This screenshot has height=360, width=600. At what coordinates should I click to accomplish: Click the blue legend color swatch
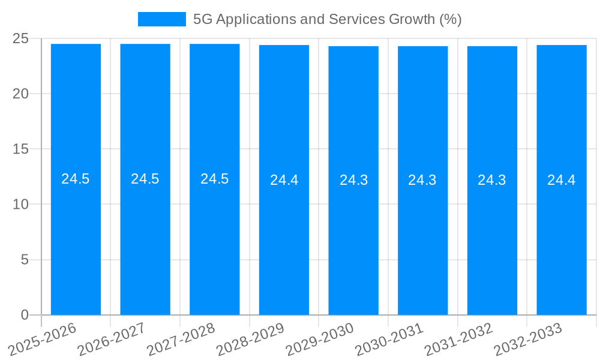click(161, 19)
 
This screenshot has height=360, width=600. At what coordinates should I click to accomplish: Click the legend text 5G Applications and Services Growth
click(327, 19)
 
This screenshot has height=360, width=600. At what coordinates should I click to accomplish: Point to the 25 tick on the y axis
click(20, 38)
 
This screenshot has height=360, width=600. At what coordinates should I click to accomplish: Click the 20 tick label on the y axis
click(20, 94)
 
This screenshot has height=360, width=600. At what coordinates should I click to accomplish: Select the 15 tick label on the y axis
click(20, 149)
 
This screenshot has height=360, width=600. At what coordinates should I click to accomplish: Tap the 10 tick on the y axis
click(20, 205)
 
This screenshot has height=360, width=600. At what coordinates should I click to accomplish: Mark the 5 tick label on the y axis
click(25, 260)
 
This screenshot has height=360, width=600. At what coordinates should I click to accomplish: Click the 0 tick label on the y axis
click(25, 315)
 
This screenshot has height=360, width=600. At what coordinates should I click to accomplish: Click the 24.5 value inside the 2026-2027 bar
click(145, 179)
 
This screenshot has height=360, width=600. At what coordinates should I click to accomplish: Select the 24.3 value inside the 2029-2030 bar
click(353, 180)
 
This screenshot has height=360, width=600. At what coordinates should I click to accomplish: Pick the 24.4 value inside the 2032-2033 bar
click(562, 180)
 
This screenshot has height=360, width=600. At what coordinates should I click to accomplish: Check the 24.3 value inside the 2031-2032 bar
click(492, 180)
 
